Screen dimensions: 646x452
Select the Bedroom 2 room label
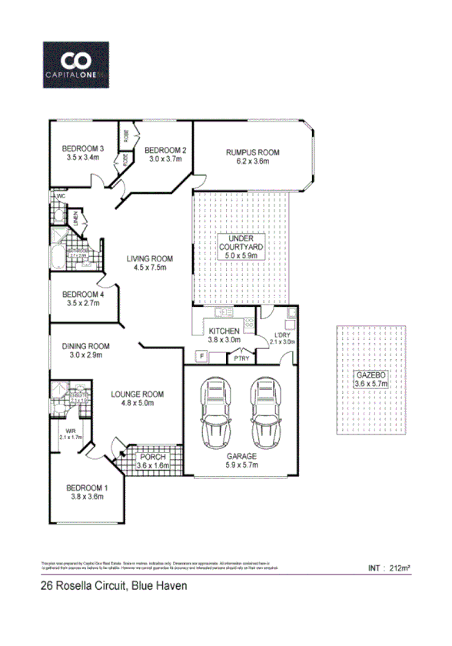click(x=165, y=154)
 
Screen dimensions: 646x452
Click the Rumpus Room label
click(x=253, y=158)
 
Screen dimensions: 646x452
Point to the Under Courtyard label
click(x=242, y=248)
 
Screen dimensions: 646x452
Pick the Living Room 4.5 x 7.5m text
click(x=150, y=263)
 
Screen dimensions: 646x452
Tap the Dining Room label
click(x=86, y=351)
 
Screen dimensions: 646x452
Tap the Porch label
click(x=151, y=461)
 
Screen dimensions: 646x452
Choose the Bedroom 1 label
click(x=86, y=492)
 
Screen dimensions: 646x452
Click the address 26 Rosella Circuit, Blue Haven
click(x=113, y=586)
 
